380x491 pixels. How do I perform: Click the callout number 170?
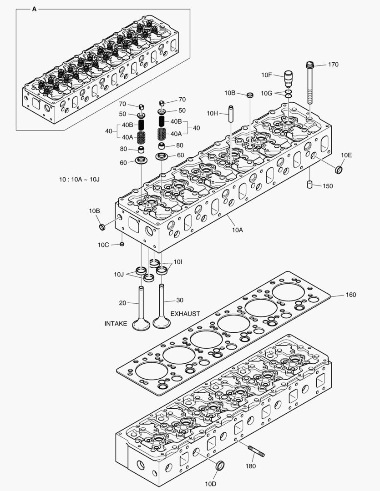pyautogui.click(x=333, y=65)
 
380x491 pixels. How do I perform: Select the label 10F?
pyautogui.click(x=266, y=75)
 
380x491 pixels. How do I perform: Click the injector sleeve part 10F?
pyautogui.click(x=288, y=80)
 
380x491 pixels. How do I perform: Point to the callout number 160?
pyautogui.click(x=350, y=295)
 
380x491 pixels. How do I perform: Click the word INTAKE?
pyautogui.click(x=116, y=324)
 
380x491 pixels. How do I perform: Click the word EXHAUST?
pyautogui.click(x=185, y=314)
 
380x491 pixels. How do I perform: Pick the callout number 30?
pyautogui.click(x=180, y=300)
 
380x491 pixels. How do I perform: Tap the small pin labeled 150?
pyautogui.click(x=309, y=185)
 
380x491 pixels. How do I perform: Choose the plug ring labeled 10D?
pyautogui.click(x=220, y=466)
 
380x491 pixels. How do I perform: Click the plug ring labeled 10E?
pyautogui.click(x=339, y=170)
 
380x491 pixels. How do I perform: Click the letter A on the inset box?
pyautogui.click(x=34, y=9)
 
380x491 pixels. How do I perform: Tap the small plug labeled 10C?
pyautogui.click(x=122, y=244)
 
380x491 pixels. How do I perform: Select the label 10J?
pyautogui.click(x=119, y=274)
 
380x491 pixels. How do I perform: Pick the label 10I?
pyautogui.click(x=178, y=262)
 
